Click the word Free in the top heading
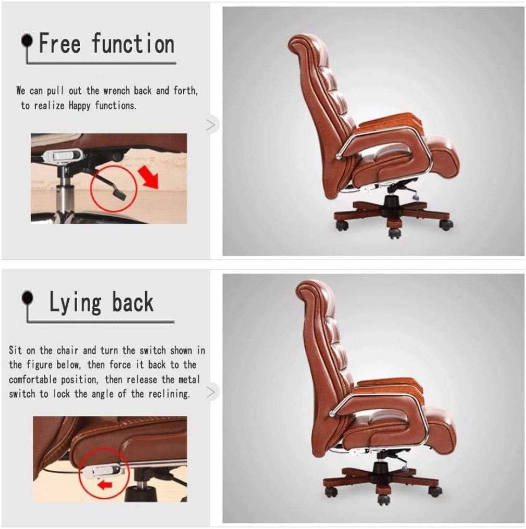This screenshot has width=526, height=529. coord(60,43)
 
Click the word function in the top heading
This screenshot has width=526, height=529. coord(133,43)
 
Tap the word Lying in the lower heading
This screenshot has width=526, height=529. coord(75,303)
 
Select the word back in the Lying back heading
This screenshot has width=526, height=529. coord(133,302)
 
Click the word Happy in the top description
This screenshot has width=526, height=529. coord(81,105)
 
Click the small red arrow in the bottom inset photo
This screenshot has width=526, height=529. coord(106,485)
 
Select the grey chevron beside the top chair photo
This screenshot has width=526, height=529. coord(211,125)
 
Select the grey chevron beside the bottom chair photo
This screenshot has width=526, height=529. coord(211,392)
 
